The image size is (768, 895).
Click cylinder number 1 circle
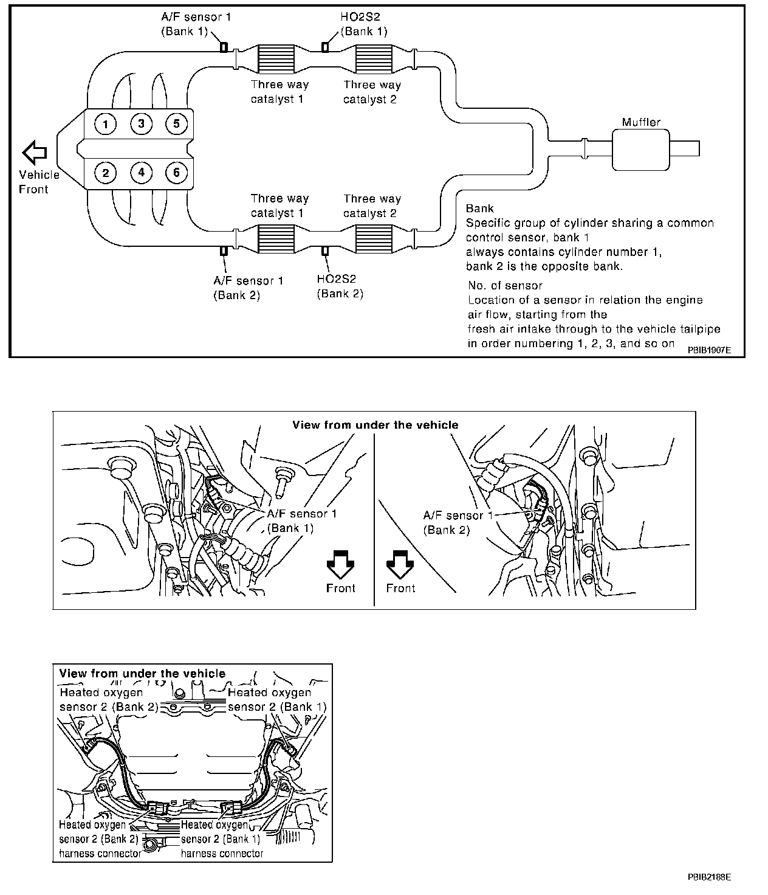(x=106, y=125)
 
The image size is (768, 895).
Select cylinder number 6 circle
(x=176, y=173)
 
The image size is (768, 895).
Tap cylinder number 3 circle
(x=141, y=125)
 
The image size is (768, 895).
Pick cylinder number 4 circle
(x=141, y=173)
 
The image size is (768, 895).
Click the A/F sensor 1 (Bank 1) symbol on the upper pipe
(x=224, y=47)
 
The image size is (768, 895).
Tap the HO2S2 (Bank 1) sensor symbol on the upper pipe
(x=326, y=47)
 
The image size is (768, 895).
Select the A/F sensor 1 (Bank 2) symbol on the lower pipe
(x=224, y=251)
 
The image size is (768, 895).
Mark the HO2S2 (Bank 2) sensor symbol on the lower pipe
(x=326, y=251)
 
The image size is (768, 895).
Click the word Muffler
(x=640, y=122)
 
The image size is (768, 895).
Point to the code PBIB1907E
(x=709, y=351)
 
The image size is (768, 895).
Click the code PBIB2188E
(x=709, y=877)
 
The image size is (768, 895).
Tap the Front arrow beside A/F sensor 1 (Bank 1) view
(x=341, y=564)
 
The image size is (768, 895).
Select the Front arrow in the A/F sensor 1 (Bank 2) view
(x=400, y=564)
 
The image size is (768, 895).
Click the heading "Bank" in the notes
(x=479, y=209)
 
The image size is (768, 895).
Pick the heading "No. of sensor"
(x=505, y=285)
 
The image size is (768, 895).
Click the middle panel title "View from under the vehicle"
(x=375, y=425)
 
